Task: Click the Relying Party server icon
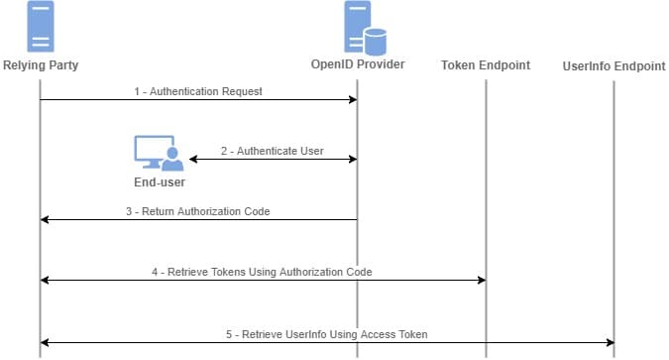tap(41, 28)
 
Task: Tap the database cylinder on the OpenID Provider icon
tap(374, 42)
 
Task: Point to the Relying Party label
tap(41, 65)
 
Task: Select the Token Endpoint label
tap(486, 65)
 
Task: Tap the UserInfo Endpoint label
tap(613, 65)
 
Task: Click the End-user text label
tap(159, 182)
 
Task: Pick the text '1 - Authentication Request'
tap(198, 91)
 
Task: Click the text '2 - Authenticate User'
tap(273, 152)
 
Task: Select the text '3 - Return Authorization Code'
tap(198, 211)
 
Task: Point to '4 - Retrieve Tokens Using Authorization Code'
tap(263, 272)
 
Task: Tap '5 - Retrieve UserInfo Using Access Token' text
tap(327, 334)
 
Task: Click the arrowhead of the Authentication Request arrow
tap(351, 99)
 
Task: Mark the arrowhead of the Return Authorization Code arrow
tap(46, 220)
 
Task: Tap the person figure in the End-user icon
tap(171, 157)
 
